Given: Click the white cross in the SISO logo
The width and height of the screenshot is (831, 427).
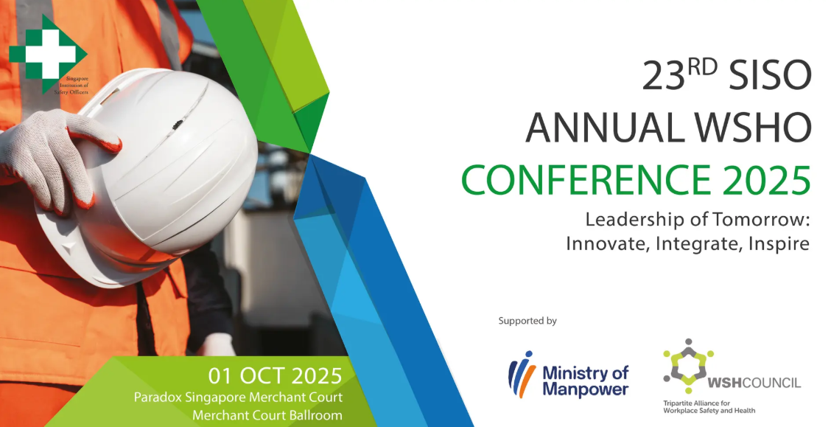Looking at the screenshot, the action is click(x=44, y=53).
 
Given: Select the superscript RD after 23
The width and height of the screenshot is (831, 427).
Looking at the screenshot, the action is click(x=703, y=68).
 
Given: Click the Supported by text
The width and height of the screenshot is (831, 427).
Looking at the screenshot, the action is click(x=527, y=321).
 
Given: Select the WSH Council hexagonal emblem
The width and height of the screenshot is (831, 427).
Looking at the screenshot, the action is click(x=688, y=362).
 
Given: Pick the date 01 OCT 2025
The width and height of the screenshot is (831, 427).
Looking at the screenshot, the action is click(x=275, y=375).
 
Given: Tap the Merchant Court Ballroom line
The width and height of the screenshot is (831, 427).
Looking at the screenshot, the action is click(x=267, y=414).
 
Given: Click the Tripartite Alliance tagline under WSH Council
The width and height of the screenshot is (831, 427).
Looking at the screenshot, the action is click(x=709, y=407).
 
